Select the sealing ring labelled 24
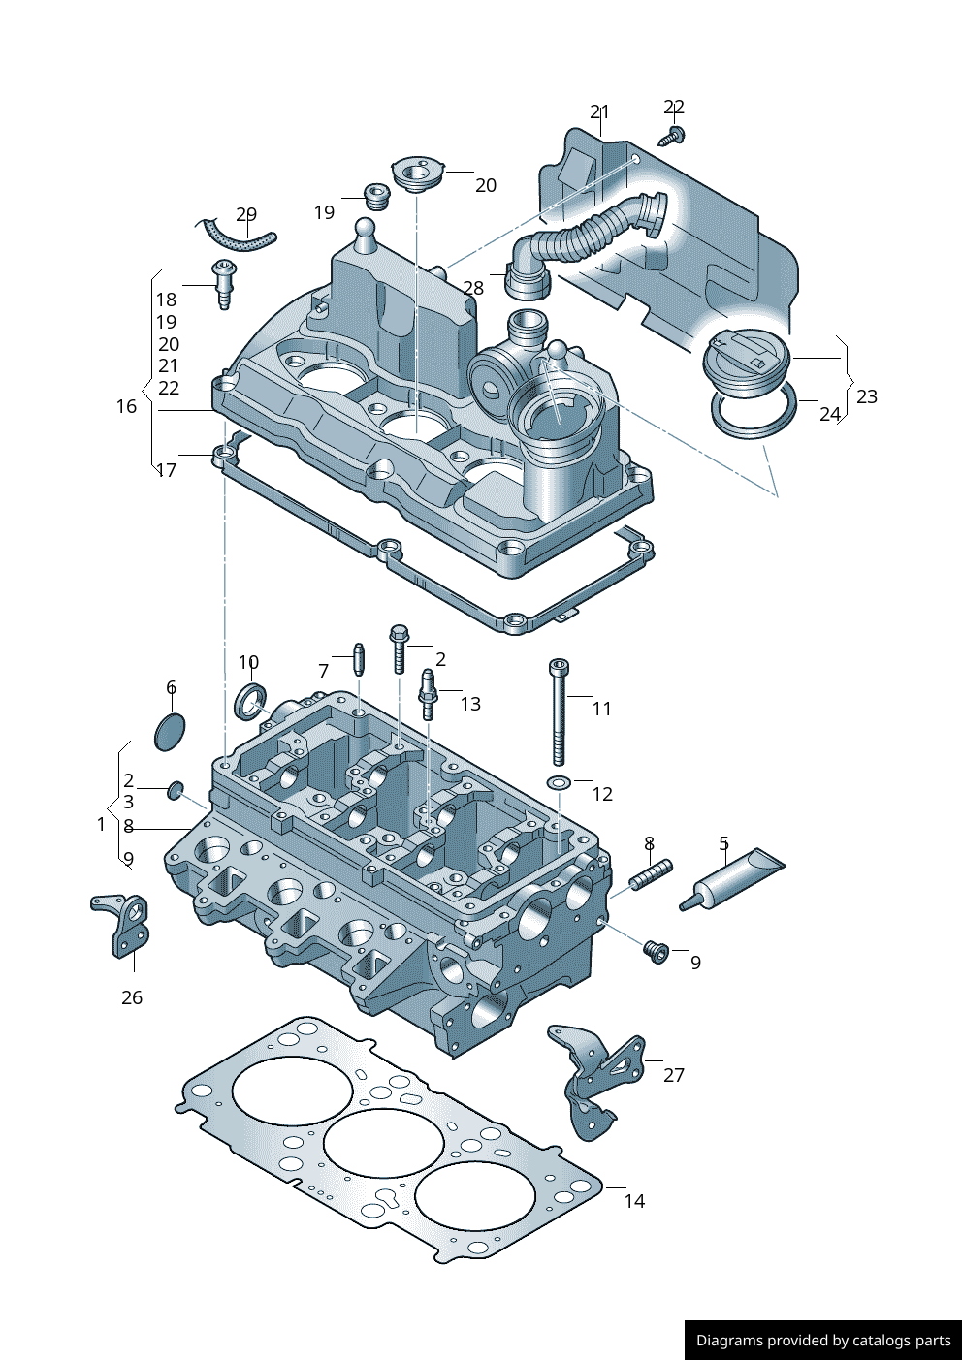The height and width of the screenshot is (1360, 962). point(754,416)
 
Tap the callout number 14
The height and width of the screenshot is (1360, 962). point(634,1201)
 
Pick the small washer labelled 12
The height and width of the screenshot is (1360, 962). point(560,782)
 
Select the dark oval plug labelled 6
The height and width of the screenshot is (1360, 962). point(170,732)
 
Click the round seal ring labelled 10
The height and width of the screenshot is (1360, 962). point(252,701)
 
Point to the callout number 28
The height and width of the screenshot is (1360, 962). point(473,288)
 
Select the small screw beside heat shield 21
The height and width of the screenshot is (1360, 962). point(672,136)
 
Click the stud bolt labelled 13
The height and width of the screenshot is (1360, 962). point(427,694)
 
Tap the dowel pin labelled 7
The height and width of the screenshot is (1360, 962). point(358,660)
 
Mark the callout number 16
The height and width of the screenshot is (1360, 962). point(126,407)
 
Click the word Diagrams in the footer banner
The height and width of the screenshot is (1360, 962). point(729,1341)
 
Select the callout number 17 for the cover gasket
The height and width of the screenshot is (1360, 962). point(167,470)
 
